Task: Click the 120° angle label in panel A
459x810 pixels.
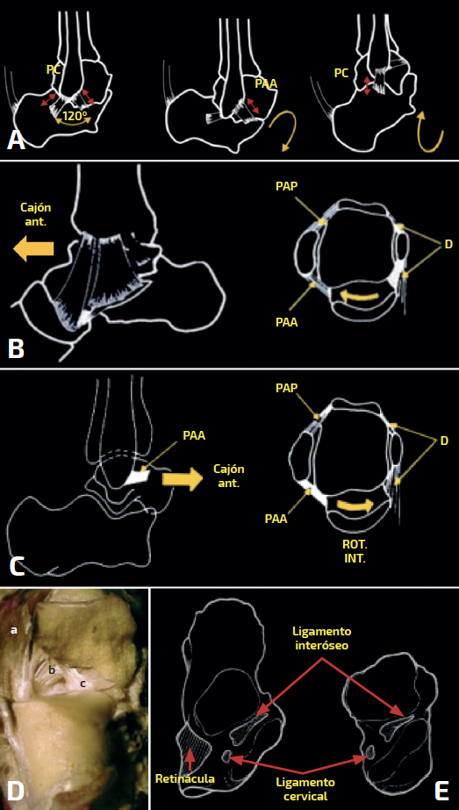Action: click(74, 115)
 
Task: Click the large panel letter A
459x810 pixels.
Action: click(16, 140)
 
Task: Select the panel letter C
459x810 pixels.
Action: click(17, 566)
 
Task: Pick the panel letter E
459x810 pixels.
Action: click(442, 790)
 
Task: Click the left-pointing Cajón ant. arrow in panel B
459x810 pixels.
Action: click(33, 249)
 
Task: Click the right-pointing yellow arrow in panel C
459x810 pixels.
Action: click(183, 480)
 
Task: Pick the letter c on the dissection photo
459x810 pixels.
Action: click(82, 684)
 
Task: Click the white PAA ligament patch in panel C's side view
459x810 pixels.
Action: click(138, 477)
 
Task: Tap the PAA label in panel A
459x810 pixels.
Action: click(266, 82)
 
